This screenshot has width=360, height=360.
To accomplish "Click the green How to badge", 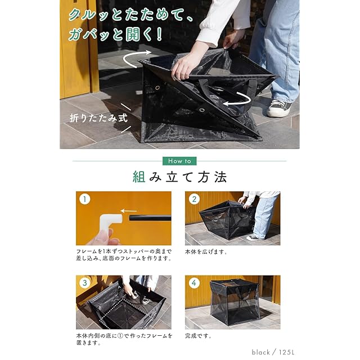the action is pos(179,161).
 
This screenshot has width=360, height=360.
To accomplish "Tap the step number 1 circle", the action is pos(84,199).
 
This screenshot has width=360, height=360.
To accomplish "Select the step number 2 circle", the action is pos(194,199).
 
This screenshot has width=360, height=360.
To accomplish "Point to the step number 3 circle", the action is pos(84,282).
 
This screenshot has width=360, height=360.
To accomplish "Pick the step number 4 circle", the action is pos(194,282).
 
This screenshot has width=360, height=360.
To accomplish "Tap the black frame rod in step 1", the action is pos(150,218).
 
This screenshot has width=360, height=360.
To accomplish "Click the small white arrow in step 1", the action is pos(129,211).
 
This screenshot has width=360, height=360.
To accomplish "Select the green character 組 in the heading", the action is pos(139,177).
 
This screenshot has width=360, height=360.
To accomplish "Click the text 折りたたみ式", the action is pos(99,118).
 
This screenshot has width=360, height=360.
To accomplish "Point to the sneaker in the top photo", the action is pos(278,108).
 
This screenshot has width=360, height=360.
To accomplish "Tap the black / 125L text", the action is pos(273,352).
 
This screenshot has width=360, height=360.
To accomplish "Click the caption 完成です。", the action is pos(198,336).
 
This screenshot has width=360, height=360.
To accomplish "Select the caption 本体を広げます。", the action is pos(206,251).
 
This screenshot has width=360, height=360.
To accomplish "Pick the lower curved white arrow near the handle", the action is pos(238,99).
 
